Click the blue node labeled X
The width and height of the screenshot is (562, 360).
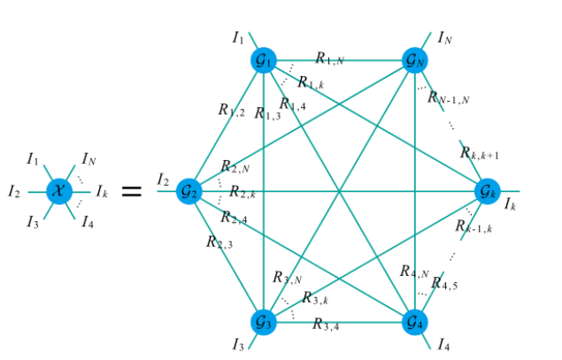click(58, 190)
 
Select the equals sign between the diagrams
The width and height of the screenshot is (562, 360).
click(131, 190)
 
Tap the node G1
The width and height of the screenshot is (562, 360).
click(264, 60)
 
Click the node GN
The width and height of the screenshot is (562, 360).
click(414, 60)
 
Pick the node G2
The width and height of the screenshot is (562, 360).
click(189, 190)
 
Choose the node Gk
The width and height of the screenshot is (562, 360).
click(488, 190)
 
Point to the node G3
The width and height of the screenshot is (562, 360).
click(264, 320)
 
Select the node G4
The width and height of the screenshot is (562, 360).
click(414, 320)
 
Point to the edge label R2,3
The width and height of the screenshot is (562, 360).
click(219, 241)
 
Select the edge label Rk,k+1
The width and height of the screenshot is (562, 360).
click(480, 153)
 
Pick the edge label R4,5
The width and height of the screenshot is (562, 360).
click(444, 286)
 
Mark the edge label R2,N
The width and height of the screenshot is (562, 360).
click(235, 167)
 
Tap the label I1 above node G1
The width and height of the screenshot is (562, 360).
click(239, 37)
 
